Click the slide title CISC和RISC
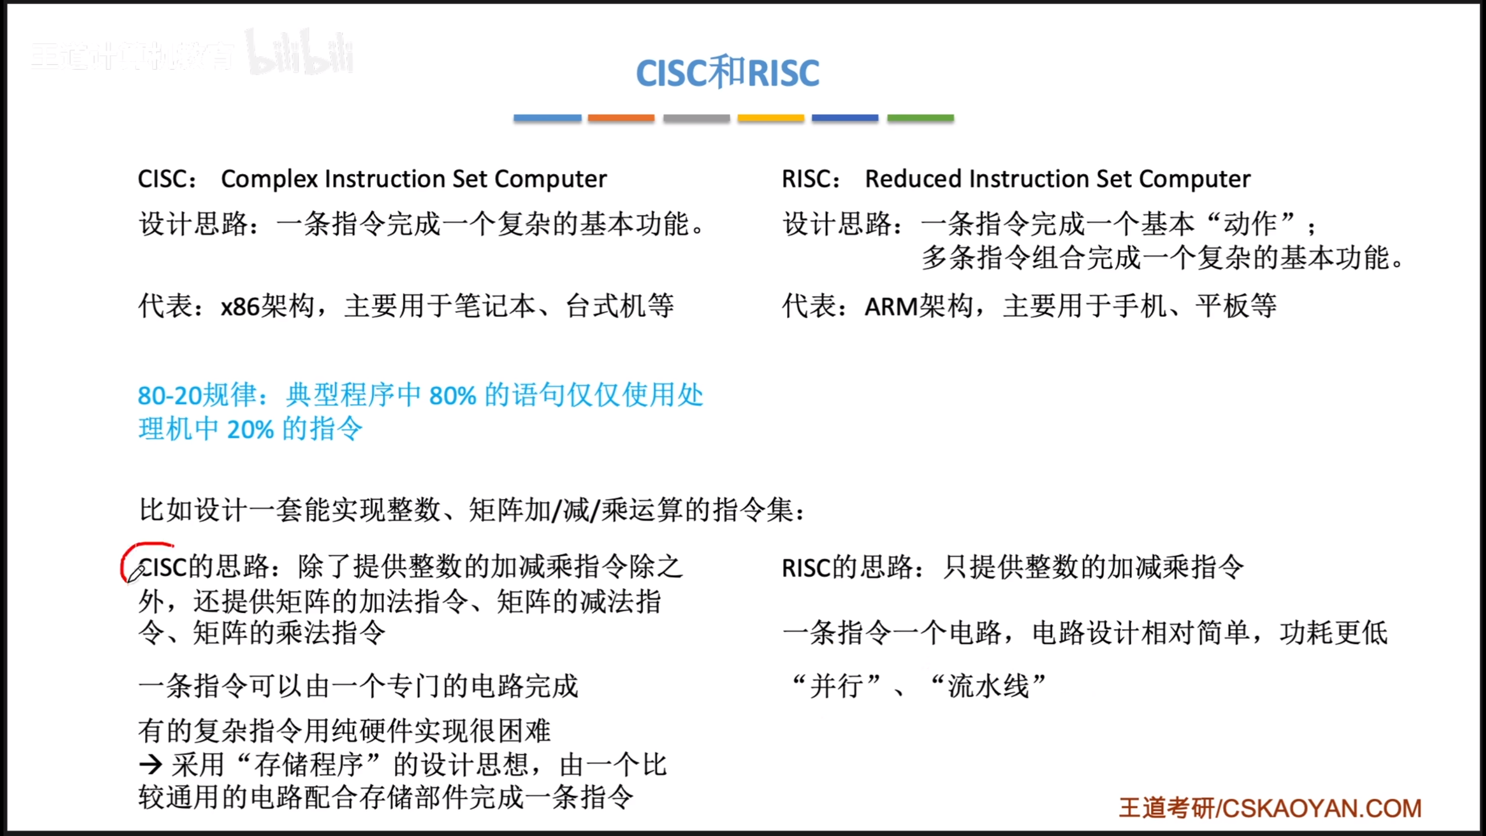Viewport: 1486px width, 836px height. pos(727,72)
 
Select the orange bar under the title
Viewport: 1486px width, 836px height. pos(621,118)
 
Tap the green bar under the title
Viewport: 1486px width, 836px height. pos(921,118)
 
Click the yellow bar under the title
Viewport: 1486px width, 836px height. pos(771,118)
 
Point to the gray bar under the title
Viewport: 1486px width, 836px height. pos(697,118)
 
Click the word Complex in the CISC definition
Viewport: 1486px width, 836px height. pos(270,179)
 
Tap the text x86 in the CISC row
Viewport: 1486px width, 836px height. pos(240,307)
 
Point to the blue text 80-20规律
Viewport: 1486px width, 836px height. pos(197,395)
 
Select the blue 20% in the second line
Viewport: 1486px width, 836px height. pos(250,430)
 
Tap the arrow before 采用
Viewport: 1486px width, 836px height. pos(150,765)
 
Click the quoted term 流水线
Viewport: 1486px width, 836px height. pos(988,686)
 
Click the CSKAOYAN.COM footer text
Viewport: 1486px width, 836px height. pos(1322,808)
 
